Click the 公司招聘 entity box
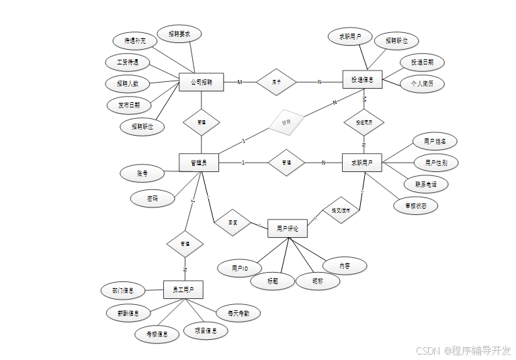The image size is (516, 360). (x=201, y=82)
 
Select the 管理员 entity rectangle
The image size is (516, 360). (x=199, y=162)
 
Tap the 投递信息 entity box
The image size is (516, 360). (x=362, y=79)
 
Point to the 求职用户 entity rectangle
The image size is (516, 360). (x=362, y=162)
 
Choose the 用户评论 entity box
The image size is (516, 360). (x=288, y=228)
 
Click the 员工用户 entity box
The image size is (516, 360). (x=183, y=289)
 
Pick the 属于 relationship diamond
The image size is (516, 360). (x=276, y=82)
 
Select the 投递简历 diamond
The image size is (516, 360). (x=363, y=123)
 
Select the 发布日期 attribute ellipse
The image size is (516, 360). (x=129, y=105)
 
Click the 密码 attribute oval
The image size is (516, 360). (x=153, y=198)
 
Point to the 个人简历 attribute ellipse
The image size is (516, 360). (x=422, y=84)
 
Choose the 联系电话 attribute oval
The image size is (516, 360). (x=426, y=183)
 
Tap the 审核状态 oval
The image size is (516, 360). (x=416, y=206)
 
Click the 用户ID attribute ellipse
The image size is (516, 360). (x=240, y=268)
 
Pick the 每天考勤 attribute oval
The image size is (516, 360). (x=238, y=312)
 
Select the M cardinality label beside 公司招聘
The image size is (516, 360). (x=240, y=82)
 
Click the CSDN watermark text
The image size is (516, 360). (x=463, y=351)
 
